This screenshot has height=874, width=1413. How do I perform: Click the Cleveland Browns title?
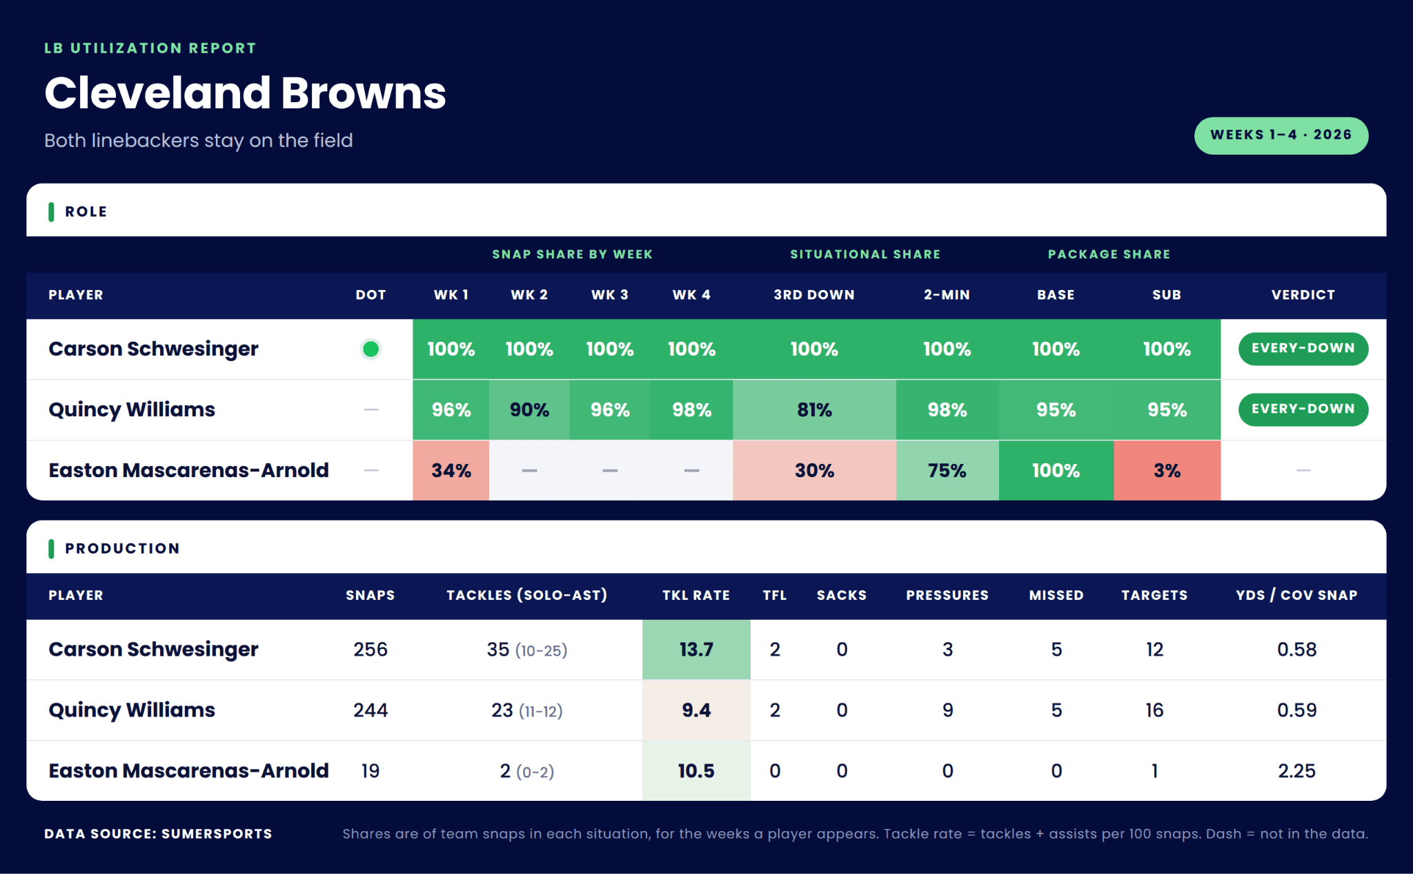click(x=245, y=93)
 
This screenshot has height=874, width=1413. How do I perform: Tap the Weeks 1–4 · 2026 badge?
click(x=1281, y=135)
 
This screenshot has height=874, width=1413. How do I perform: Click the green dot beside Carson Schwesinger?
click(x=370, y=349)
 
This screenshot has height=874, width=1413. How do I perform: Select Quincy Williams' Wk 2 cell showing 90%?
click(x=529, y=410)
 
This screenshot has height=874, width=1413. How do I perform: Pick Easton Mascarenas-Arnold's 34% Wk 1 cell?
click(x=451, y=471)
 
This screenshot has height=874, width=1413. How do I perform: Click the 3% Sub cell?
click(x=1167, y=471)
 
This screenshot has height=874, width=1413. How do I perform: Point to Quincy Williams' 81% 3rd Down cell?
click(x=814, y=410)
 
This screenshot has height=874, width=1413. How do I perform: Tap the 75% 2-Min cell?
click(x=947, y=471)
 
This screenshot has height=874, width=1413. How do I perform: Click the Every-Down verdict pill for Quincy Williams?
click(x=1303, y=409)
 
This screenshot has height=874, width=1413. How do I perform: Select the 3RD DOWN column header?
click(x=814, y=295)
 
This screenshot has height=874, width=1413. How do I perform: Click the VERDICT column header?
click(x=1303, y=295)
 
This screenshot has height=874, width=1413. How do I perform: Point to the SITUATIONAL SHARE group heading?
click(x=865, y=254)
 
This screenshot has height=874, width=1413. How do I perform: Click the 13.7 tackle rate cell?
click(x=696, y=650)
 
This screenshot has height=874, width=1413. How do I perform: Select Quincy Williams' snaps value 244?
click(x=370, y=710)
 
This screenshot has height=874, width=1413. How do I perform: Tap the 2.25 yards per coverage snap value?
click(x=1296, y=771)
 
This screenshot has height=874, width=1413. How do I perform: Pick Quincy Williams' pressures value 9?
click(x=947, y=710)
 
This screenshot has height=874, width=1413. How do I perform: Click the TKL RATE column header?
click(x=696, y=595)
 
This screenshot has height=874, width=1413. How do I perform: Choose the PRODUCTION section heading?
click(x=122, y=549)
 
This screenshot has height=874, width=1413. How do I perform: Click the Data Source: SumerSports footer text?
click(x=158, y=834)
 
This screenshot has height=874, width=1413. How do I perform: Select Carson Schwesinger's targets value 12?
click(x=1154, y=650)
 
